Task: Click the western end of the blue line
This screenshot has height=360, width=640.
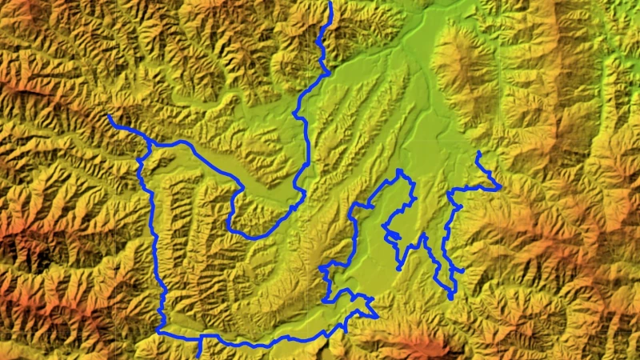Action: [x=109, y=117]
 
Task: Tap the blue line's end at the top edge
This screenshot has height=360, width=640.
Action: [x=331, y=2]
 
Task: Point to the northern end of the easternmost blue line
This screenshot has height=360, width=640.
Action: [x=478, y=152]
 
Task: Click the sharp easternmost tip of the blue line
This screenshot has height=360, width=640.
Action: [x=501, y=187]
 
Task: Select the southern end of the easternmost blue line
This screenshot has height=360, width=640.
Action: [x=451, y=298]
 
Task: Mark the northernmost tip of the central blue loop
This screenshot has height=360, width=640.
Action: [x=400, y=171]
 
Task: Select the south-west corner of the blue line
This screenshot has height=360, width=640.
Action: [x=158, y=330]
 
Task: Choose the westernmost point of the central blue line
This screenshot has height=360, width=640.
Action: [x=320, y=268]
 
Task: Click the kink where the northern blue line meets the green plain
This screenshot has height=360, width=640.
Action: [x=323, y=73]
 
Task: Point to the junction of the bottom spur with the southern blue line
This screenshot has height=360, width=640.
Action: [x=200, y=337]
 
